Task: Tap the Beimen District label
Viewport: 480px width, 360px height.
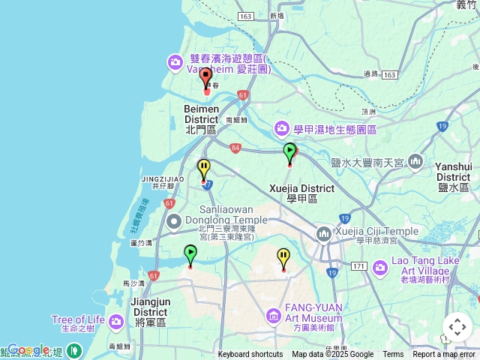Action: click(201, 114)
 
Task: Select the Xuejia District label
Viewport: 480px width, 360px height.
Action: click(301, 188)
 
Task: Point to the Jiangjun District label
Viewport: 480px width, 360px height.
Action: click(149, 307)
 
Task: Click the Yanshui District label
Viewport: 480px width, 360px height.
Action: click(453, 172)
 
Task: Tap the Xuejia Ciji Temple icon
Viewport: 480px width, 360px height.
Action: click(324, 235)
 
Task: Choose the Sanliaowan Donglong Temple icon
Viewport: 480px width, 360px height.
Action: click(174, 220)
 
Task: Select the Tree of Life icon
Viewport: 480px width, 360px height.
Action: click(116, 322)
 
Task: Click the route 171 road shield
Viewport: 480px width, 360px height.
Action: click(358, 266)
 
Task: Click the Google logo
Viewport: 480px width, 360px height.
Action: click(28, 349)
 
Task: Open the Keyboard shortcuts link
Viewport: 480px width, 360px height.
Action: click(250, 355)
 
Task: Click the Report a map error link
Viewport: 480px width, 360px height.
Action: click(444, 355)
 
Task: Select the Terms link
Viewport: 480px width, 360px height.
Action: click(393, 355)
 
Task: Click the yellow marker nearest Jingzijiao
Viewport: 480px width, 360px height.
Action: click(203, 169)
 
